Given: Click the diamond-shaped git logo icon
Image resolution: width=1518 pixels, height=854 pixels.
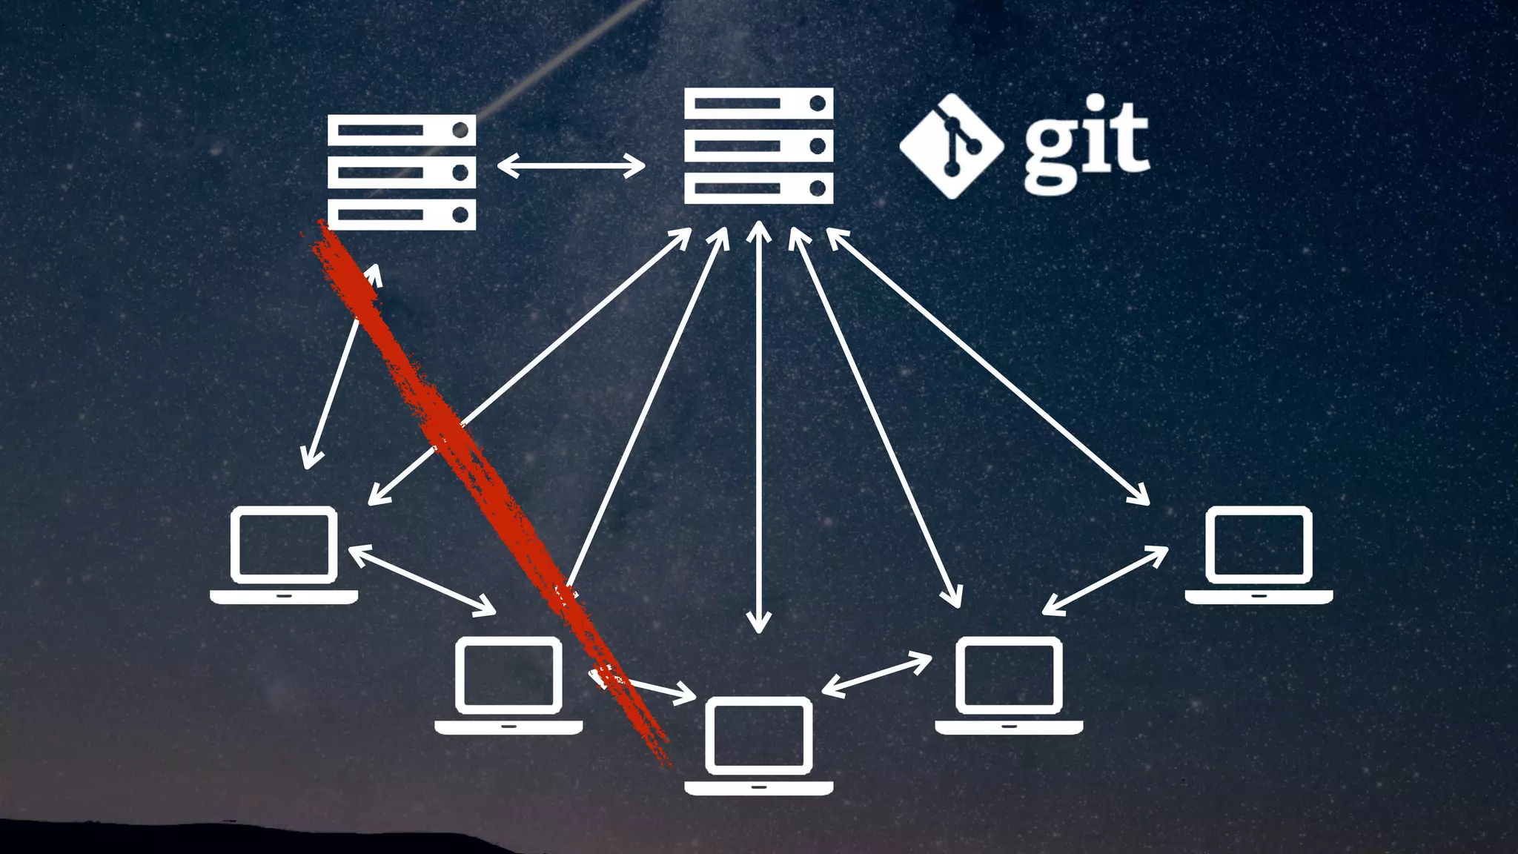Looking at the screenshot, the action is click(951, 146).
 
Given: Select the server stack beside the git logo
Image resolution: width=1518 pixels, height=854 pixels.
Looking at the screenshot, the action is click(758, 146).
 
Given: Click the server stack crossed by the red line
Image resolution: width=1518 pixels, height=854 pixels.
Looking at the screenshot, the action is click(401, 172).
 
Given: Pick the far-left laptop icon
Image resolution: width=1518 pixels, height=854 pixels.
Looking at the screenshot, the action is click(284, 554).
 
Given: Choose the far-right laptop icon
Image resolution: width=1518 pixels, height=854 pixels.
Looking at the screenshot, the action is click(1259, 554).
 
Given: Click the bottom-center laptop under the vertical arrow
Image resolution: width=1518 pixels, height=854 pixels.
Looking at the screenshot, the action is click(758, 744).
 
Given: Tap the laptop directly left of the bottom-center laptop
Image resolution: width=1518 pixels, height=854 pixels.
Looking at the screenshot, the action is click(508, 684).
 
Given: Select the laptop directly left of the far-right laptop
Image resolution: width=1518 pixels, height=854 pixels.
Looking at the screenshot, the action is click(1009, 684).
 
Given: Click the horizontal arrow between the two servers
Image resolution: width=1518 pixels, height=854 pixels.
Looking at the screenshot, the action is click(571, 166).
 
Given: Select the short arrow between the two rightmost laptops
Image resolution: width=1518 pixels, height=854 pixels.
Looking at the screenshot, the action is click(1105, 580).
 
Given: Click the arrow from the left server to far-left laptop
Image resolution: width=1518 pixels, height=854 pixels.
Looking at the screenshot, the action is click(341, 367).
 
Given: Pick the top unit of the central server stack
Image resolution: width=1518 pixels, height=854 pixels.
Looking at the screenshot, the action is click(758, 103).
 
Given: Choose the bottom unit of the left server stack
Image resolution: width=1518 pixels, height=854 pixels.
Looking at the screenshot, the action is click(401, 215).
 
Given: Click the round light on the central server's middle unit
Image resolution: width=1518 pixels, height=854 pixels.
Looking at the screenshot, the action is click(818, 146).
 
